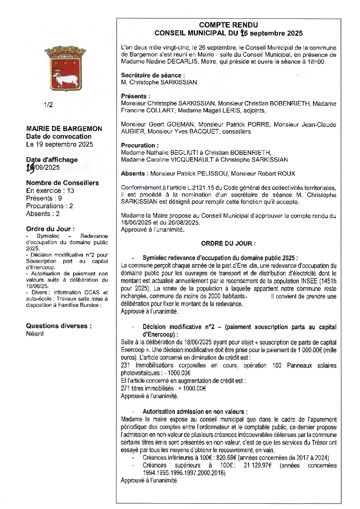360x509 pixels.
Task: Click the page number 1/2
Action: pyautogui.click(x=48, y=105)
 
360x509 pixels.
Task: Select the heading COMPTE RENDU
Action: pyautogui.click(x=228, y=25)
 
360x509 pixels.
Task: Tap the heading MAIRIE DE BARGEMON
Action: pyautogui.click(x=64, y=129)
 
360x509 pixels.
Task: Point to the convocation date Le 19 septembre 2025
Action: pyautogui.click(x=60, y=144)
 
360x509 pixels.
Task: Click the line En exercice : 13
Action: pyautogui.click(x=50, y=191)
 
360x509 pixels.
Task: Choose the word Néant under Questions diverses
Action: pyautogui.click(x=35, y=334)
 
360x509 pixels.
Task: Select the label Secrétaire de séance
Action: pyautogui.click(x=153, y=75)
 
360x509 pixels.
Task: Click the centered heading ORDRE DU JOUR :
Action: pyautogui.click(x=228, y=243)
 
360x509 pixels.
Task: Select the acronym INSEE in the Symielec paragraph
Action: pyautogui.click(x=309, y=281)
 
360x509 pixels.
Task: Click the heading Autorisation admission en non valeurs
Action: pyautogui.click(x=195, y=412)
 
